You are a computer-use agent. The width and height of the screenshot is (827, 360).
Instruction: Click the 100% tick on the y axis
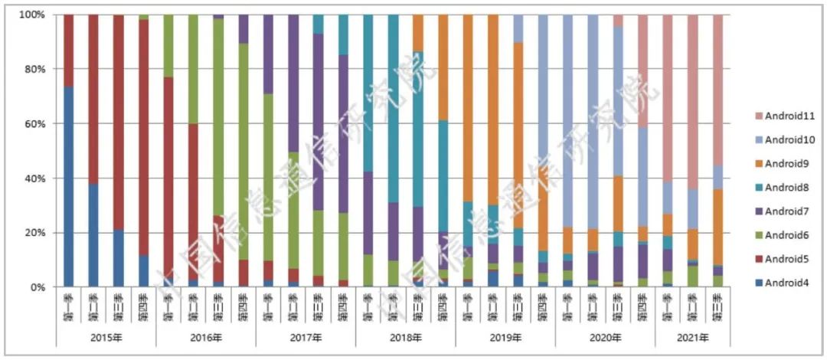(x=31, y=15)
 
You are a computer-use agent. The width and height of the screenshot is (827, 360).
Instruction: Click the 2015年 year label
(x=106, y=337)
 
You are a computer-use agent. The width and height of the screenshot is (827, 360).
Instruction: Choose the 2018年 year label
(x=405, y=337)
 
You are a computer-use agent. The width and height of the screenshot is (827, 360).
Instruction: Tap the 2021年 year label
(x=692, y=337)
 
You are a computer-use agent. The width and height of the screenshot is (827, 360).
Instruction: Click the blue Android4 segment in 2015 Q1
(x=68, y=188)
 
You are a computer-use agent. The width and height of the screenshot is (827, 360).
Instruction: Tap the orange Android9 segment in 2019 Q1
(x=467, y=107)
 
